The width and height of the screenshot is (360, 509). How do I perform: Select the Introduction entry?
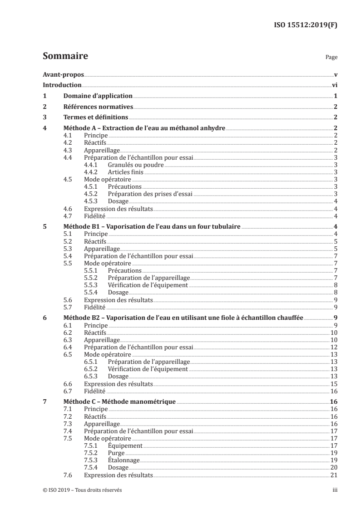click(62, 85)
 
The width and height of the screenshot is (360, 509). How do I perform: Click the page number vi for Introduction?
click(334, 85)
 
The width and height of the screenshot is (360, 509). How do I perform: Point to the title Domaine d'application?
click(98, 96)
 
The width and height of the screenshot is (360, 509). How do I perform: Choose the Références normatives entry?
click(98, 107)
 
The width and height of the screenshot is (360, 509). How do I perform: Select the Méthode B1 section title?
click(152, 226)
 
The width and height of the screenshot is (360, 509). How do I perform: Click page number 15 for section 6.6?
click(334, 384)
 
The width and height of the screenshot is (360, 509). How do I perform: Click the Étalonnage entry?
click(124, 460)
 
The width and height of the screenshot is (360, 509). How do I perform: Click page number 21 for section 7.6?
click(334, 475)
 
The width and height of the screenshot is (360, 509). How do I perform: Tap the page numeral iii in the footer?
click(335, 490)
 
